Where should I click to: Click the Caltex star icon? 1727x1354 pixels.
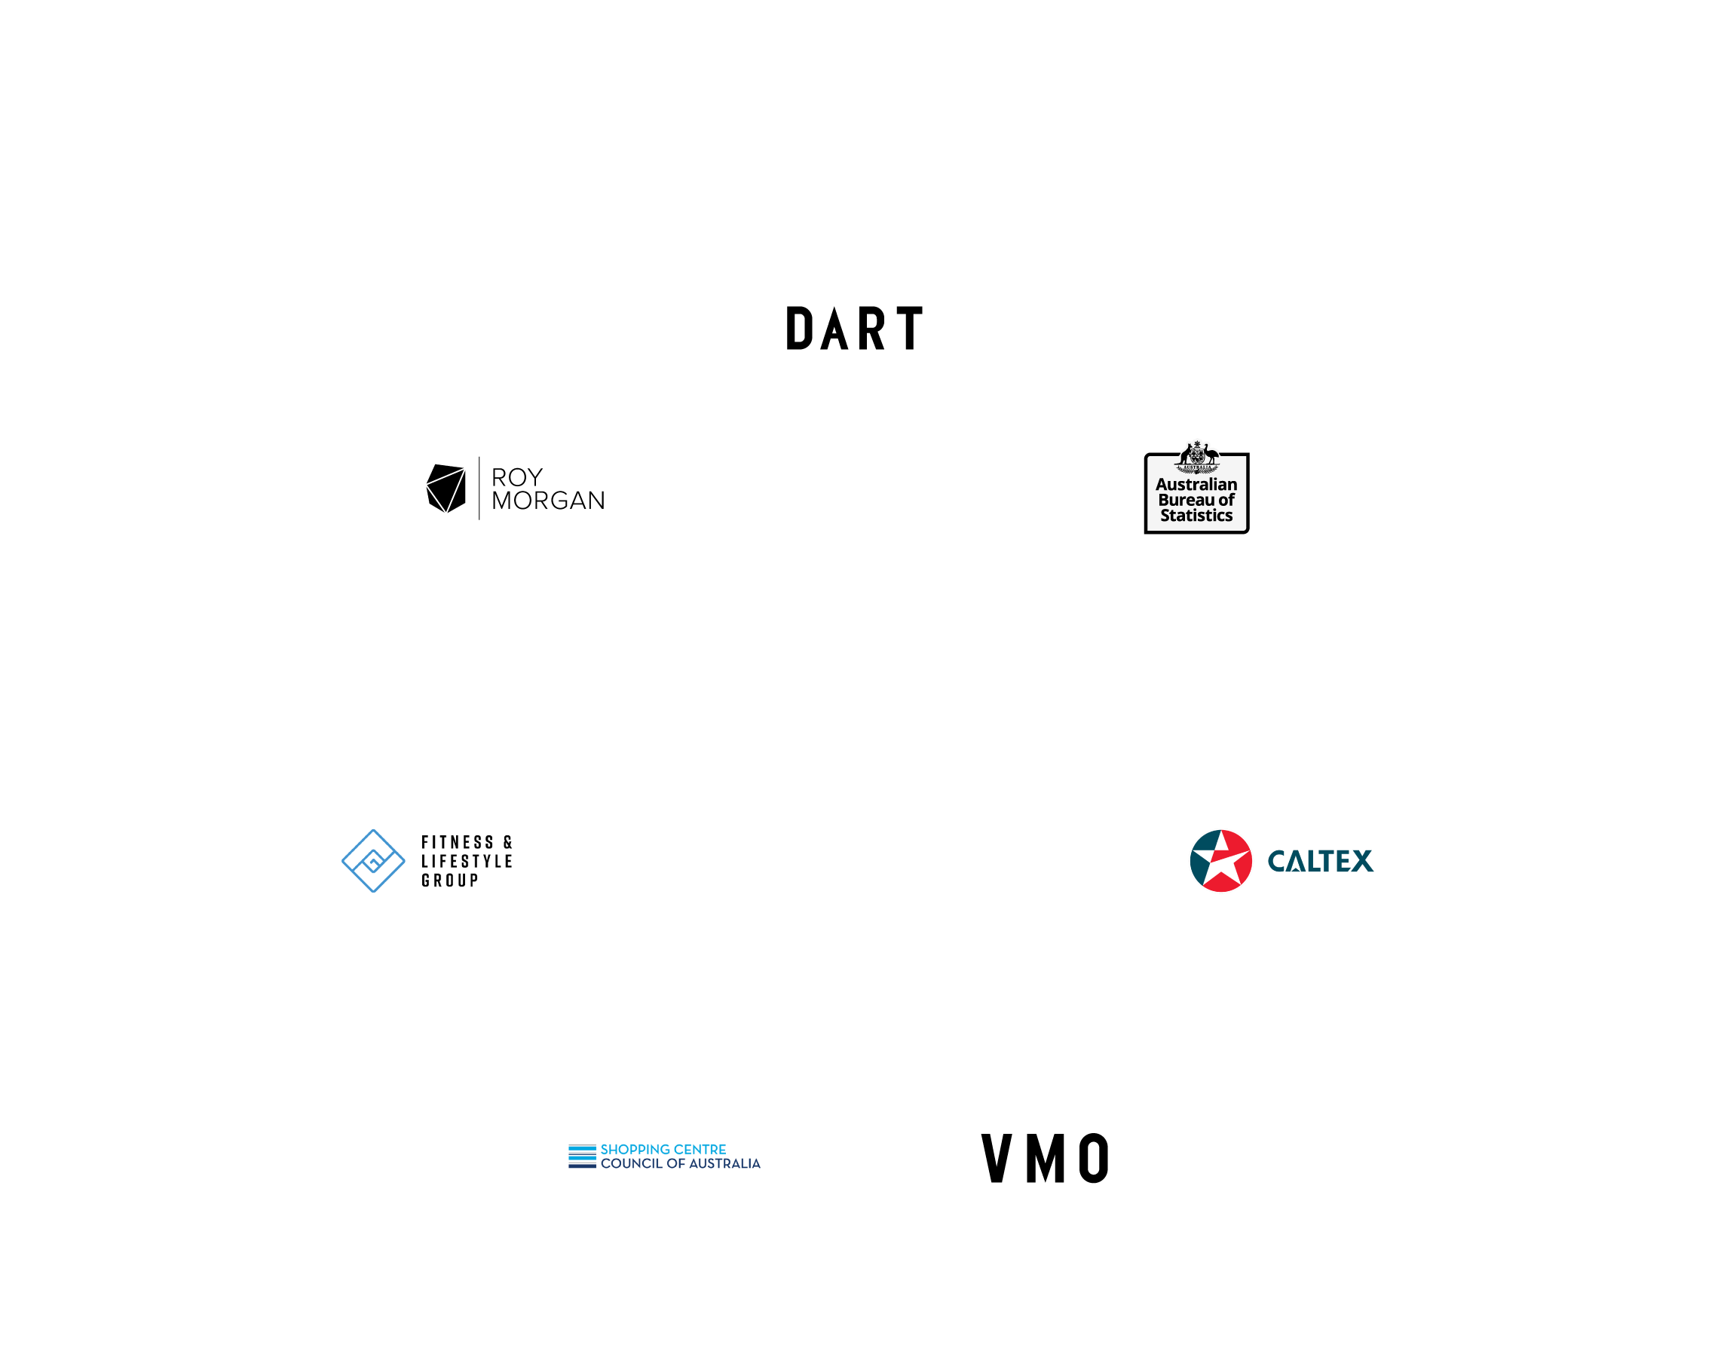click(1220, 861)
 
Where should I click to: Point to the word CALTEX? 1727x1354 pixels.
click(1320, 861)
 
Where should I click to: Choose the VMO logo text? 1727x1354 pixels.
click(1046, 1159)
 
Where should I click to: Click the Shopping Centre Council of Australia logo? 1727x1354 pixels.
click(664, 1156)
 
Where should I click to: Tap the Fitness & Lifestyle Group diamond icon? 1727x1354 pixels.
click(372, 861)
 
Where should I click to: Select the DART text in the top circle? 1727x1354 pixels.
click(854, 328)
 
